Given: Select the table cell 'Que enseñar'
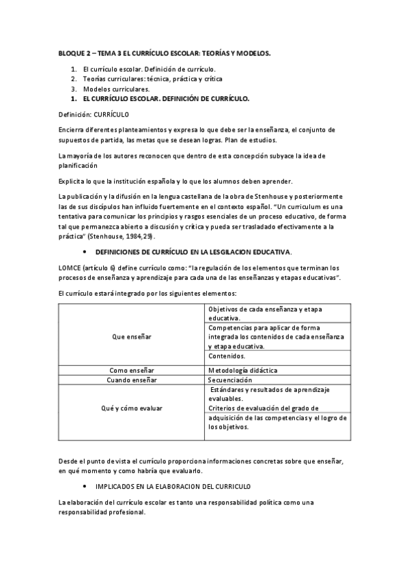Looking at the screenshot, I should (132, 337).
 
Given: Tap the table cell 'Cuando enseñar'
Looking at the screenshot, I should (132, 379).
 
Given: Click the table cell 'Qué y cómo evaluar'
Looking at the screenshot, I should (132, 408).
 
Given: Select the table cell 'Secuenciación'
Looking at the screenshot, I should (233, 379).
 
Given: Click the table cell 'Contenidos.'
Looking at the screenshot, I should (227, 356).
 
